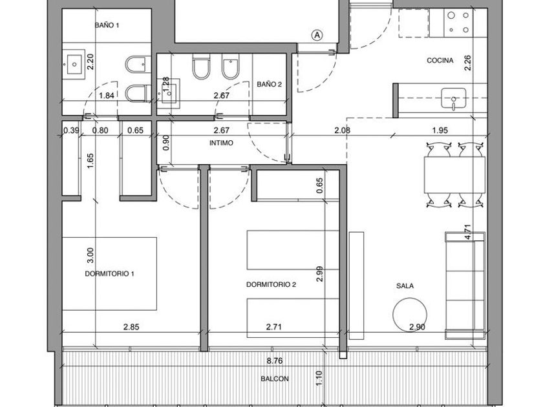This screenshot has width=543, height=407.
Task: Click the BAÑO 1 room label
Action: (107, 25)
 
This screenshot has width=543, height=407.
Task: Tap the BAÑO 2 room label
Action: (269, 84)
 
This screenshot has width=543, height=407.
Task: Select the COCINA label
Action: (440, 61)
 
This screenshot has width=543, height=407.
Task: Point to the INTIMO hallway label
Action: (221, 143)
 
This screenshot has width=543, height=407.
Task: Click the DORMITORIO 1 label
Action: (109, 274)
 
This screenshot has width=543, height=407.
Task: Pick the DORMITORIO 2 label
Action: (271, 284)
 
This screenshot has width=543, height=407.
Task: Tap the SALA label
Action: (405, 286)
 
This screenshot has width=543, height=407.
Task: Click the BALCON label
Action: (275, 379)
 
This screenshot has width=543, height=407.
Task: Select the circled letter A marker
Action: (317, 35)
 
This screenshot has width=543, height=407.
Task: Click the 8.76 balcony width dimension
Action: (275, 360)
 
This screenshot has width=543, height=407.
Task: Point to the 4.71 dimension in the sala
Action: (468, 232)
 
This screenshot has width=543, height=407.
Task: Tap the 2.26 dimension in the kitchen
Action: (468, 63)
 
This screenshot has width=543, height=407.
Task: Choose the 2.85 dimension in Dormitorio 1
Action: (131, 327)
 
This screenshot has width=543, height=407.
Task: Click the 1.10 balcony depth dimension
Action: (319, 379)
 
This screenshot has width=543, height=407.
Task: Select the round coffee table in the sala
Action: (410, 315)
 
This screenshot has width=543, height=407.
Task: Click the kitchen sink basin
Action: (453, 98)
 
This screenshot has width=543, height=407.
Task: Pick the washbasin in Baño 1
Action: (74, 64)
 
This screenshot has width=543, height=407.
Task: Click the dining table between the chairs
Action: (454, 175)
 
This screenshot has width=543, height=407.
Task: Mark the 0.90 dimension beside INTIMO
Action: (166, 142)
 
